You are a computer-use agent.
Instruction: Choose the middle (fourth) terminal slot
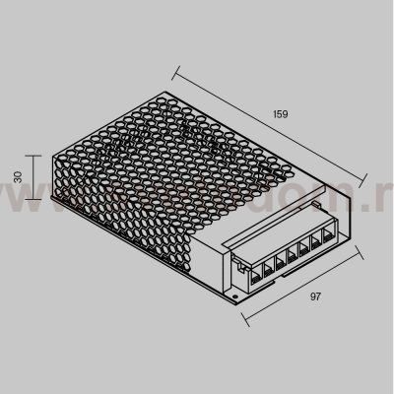295,254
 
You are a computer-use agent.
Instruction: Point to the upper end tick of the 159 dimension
177,69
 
